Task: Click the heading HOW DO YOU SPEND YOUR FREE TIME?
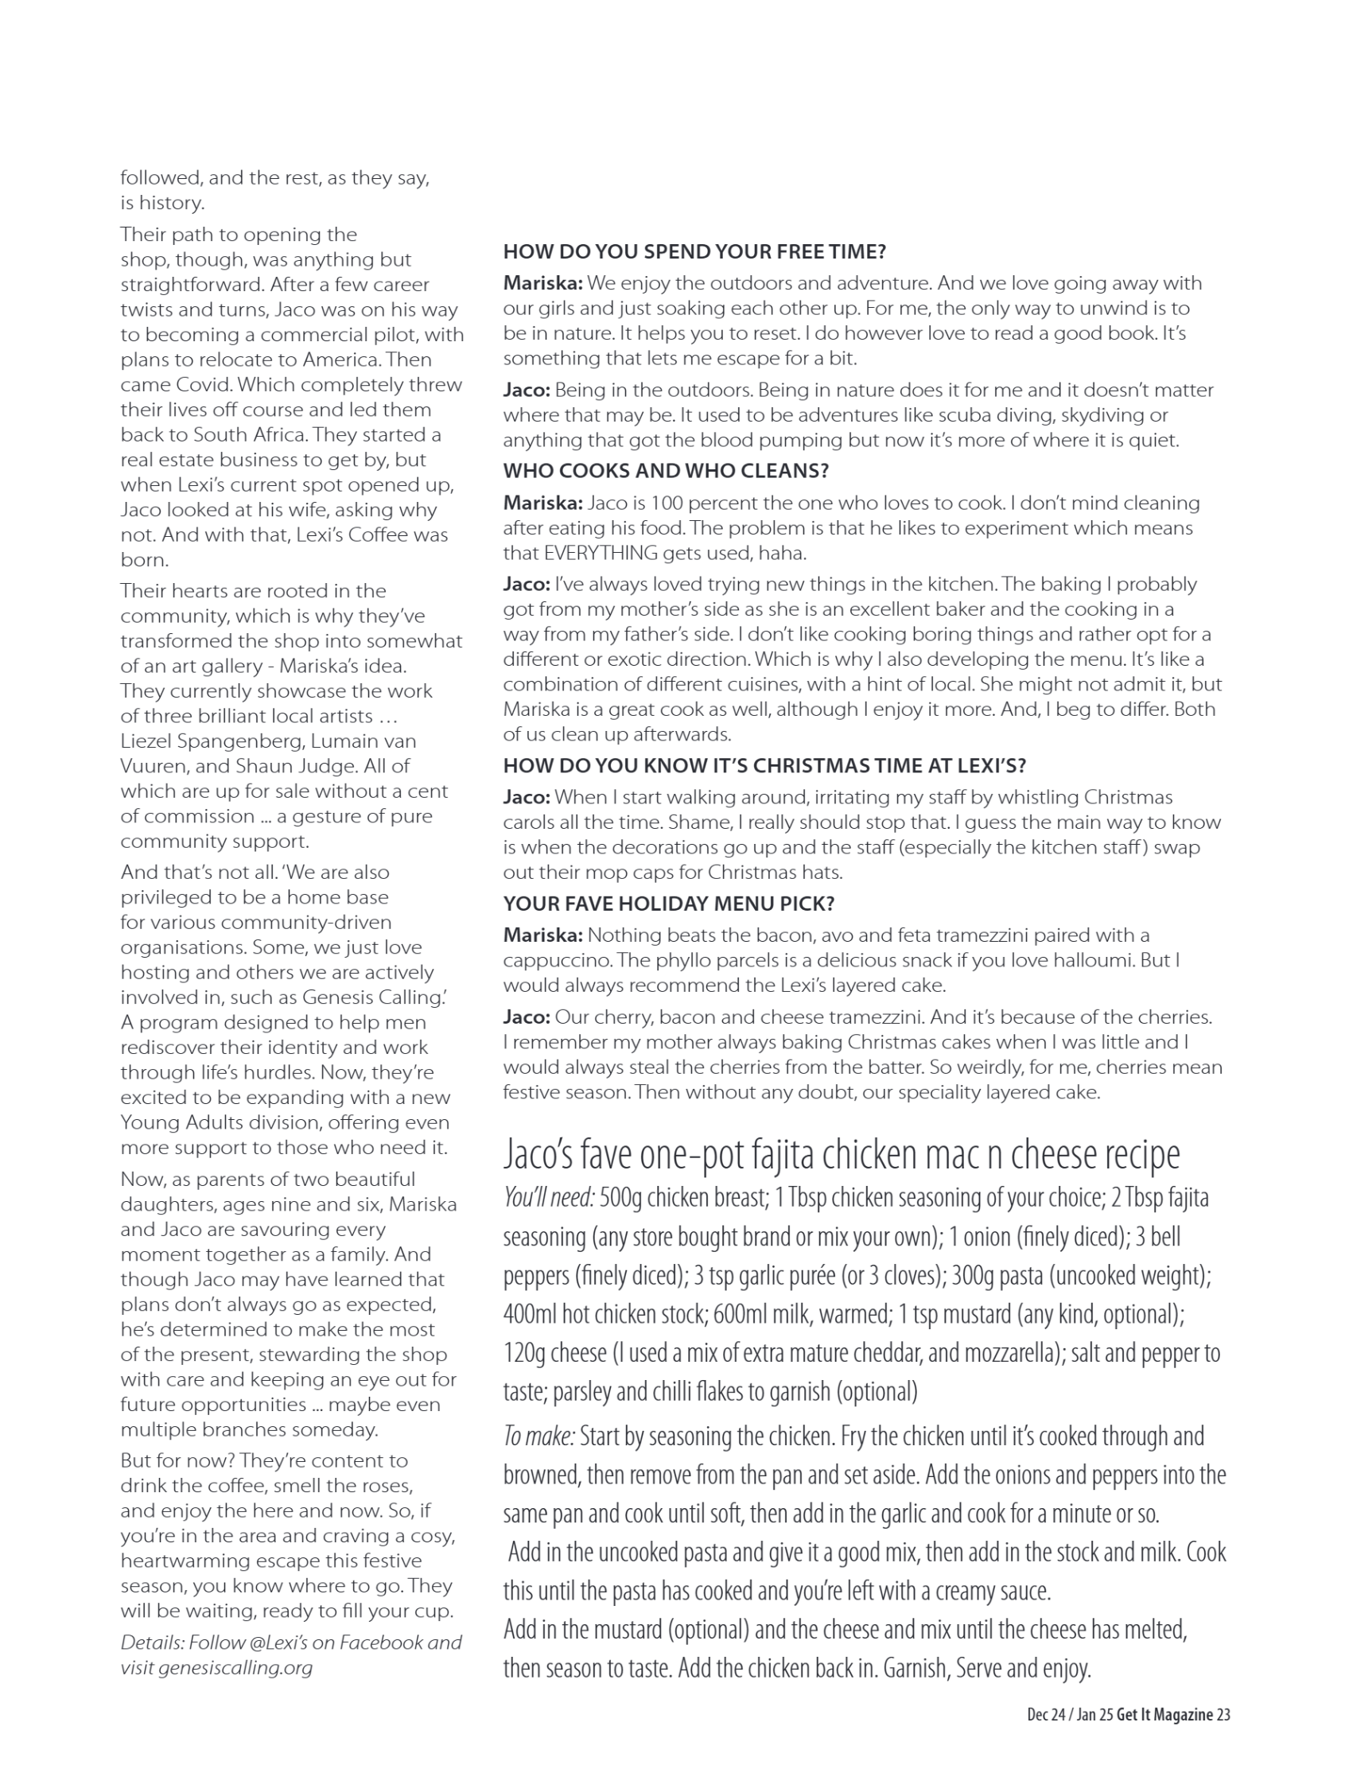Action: click(x=694, y=251)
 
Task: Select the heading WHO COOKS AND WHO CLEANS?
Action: click(x=666, y=472)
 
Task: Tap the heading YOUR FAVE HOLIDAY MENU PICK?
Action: click(x=669, y=904)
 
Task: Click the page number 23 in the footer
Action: click(x=1223, y=1714)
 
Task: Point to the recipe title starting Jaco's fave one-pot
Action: click(x=841, y=1155)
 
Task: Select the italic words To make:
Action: click(x=538, y=1436)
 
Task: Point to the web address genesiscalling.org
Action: click(x=235, y=1668)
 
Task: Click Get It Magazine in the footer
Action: click(x=1164, y=1714)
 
